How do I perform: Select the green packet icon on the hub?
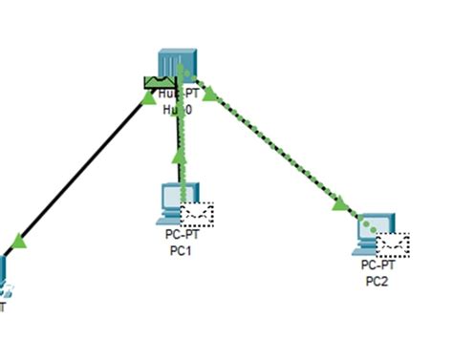pos(157,82)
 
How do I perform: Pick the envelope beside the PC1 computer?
pos(198,214)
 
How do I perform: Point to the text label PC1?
pos(180,250)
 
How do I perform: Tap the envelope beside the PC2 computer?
pos(393,244)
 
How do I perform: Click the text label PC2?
pos(377,281)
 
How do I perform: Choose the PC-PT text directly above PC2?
pos(377,266)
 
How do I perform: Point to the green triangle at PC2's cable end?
pos(340,202)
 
